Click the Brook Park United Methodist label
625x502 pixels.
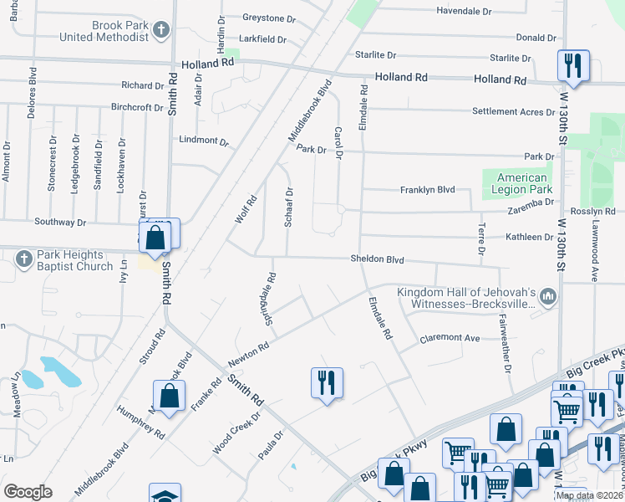tap(104, 31)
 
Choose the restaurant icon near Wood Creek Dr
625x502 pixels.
tap(326, 382)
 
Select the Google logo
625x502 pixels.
tap(28, 492)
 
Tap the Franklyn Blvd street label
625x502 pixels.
tap(427, 190)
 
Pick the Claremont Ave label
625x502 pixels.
tap(450, 338)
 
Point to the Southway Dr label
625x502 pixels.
tap(59, 223)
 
